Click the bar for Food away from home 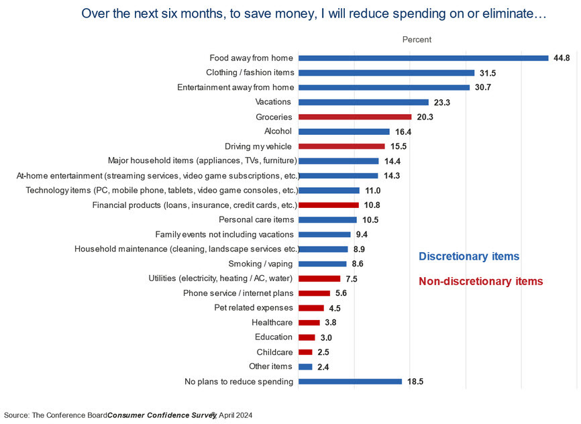pos(423,58)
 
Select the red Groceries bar pos(355,117)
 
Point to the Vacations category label pos(273,102)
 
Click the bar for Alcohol pos(344,131)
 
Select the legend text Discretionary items pos(469,256)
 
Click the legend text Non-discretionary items pos(480,282)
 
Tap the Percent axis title pos(417,40)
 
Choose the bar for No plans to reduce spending pos(350,382)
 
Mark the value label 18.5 pos(415,382)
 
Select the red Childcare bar pos(305,352)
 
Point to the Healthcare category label pos(272,323)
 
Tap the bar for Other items pos(305,366)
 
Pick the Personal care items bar pos(327,219)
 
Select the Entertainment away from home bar pos(384,87)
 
